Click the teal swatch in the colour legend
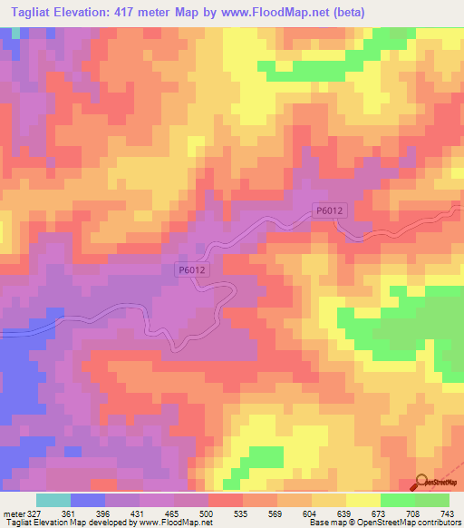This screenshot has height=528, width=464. [x=53, y=500]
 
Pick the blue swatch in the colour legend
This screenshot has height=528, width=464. [x=88, y=500]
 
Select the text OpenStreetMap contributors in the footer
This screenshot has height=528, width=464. [x=414, y=523]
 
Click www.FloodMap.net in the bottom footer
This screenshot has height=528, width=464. [x=173, y=523]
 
